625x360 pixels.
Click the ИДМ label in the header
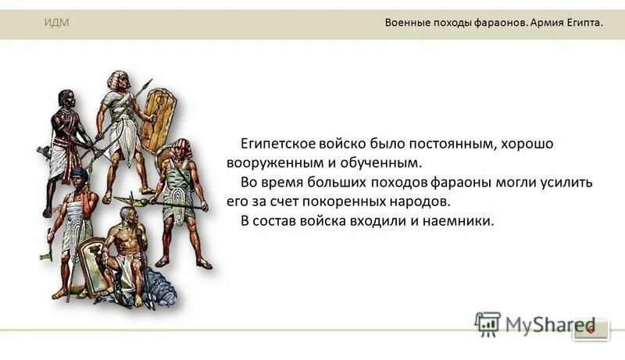click(56, 22)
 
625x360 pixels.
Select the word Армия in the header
click(548, 23)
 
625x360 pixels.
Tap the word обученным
click(384, 163)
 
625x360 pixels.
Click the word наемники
click(460, 220)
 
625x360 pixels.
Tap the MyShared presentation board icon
click(487, 323)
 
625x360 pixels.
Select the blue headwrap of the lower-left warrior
click(79, 173)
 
